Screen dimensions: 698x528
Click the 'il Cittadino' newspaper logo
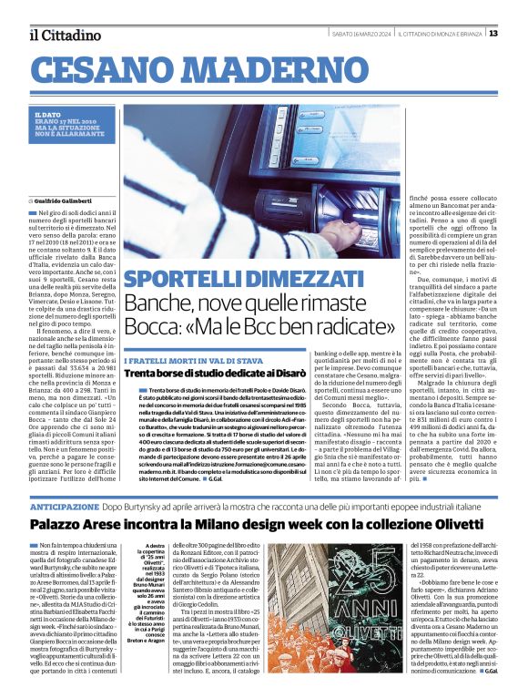tap(65, 35)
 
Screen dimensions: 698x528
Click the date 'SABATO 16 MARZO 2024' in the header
tap(360, 34)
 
